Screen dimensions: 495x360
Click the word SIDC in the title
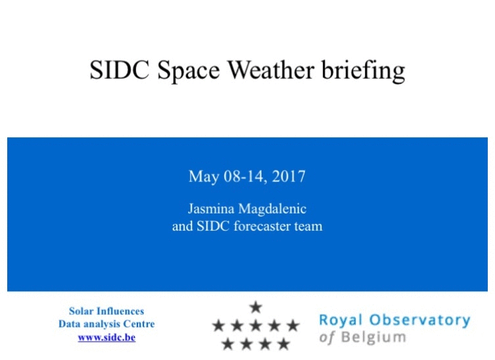(x=120, y=70)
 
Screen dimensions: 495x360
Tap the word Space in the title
(x=189, y=72)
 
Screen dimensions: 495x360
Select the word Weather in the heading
(x=271, y=70)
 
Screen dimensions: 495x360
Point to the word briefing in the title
(x=364, y=72)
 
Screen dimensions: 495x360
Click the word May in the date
(x=204, y=177)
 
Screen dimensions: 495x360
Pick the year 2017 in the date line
(x=289, y=176)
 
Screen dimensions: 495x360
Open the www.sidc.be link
(x=106, y=337)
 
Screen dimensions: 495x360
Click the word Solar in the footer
(x=81, y=311)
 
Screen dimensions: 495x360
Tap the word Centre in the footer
(x=139, y=324)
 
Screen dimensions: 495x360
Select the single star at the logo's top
(x=256, y=307)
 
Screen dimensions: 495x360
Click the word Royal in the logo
(x=341, y=321)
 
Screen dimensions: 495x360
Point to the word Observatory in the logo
(x=420, y=320)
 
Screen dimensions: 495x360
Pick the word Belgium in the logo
(x=373, y=338)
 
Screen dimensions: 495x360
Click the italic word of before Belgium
(x=327, y=338)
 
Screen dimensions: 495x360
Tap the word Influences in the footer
(x=120, y=311)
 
